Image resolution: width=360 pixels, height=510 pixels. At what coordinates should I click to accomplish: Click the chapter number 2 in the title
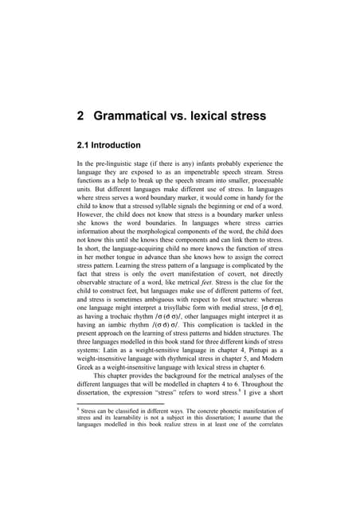80,116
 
